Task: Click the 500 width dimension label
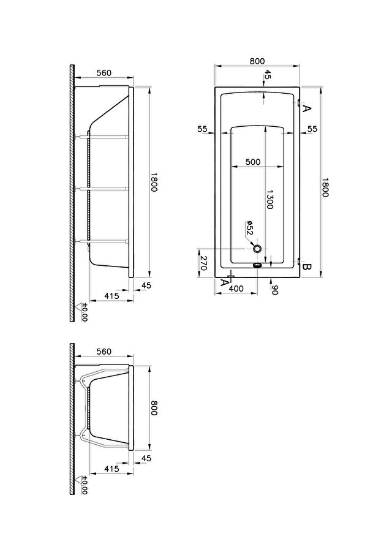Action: point(253,162)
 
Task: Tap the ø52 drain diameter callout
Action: point(249,228)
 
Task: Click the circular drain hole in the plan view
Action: point(258,249)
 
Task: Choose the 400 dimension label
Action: point(236,289)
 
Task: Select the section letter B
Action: point(306,267)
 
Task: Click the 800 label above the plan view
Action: point(257,61)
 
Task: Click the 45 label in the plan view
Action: point(268,74)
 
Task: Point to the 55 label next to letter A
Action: point(312,129)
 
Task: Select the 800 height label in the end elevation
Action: point(154,408)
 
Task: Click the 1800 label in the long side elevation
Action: point(154,182)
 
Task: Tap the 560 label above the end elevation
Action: point(104,351)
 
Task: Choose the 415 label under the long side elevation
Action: point(112,295)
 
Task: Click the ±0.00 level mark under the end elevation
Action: point(85,485)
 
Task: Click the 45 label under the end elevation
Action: point(146,458)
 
